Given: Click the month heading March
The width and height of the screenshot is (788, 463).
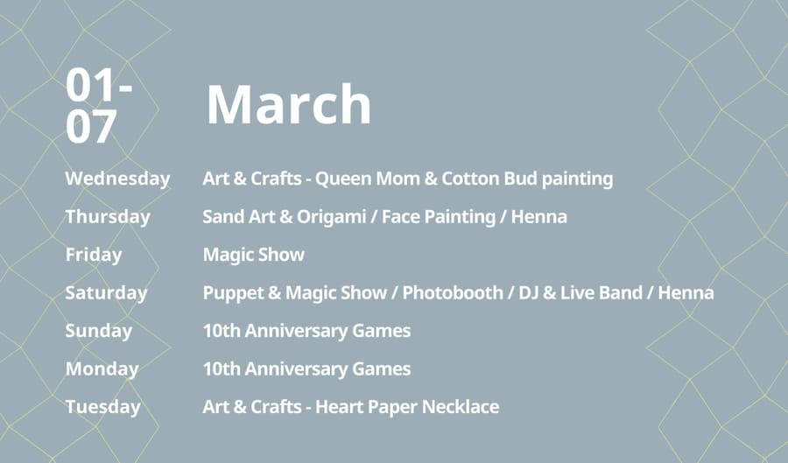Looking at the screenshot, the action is click(x=289, y=104).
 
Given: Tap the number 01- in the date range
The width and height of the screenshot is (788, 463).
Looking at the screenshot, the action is click(x=99, y=86).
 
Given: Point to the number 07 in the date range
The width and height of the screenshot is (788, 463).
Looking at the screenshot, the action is click(x=91, y=126).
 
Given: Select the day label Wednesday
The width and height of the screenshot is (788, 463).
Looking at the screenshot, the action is click(x=117, y=179).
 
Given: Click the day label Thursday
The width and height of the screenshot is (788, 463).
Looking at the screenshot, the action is click(x=108, y=217).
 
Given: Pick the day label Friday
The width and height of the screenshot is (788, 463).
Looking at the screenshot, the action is click(x=94, y=255).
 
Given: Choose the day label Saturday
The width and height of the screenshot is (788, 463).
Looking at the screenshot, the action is click(x=106, y=292).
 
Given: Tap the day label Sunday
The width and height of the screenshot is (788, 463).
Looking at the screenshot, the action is click(x=98, y=331).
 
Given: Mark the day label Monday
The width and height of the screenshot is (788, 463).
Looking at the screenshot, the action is click(x=102, y=369).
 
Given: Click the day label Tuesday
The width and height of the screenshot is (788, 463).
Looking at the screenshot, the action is click(x=103, y=407).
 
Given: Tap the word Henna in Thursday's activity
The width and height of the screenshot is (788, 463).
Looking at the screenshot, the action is click(x=538, y=217).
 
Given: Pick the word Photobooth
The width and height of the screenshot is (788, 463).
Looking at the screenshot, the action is click(x=453, y=292).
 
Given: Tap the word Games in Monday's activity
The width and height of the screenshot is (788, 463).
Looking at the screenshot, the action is click(x=382, y=369).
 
